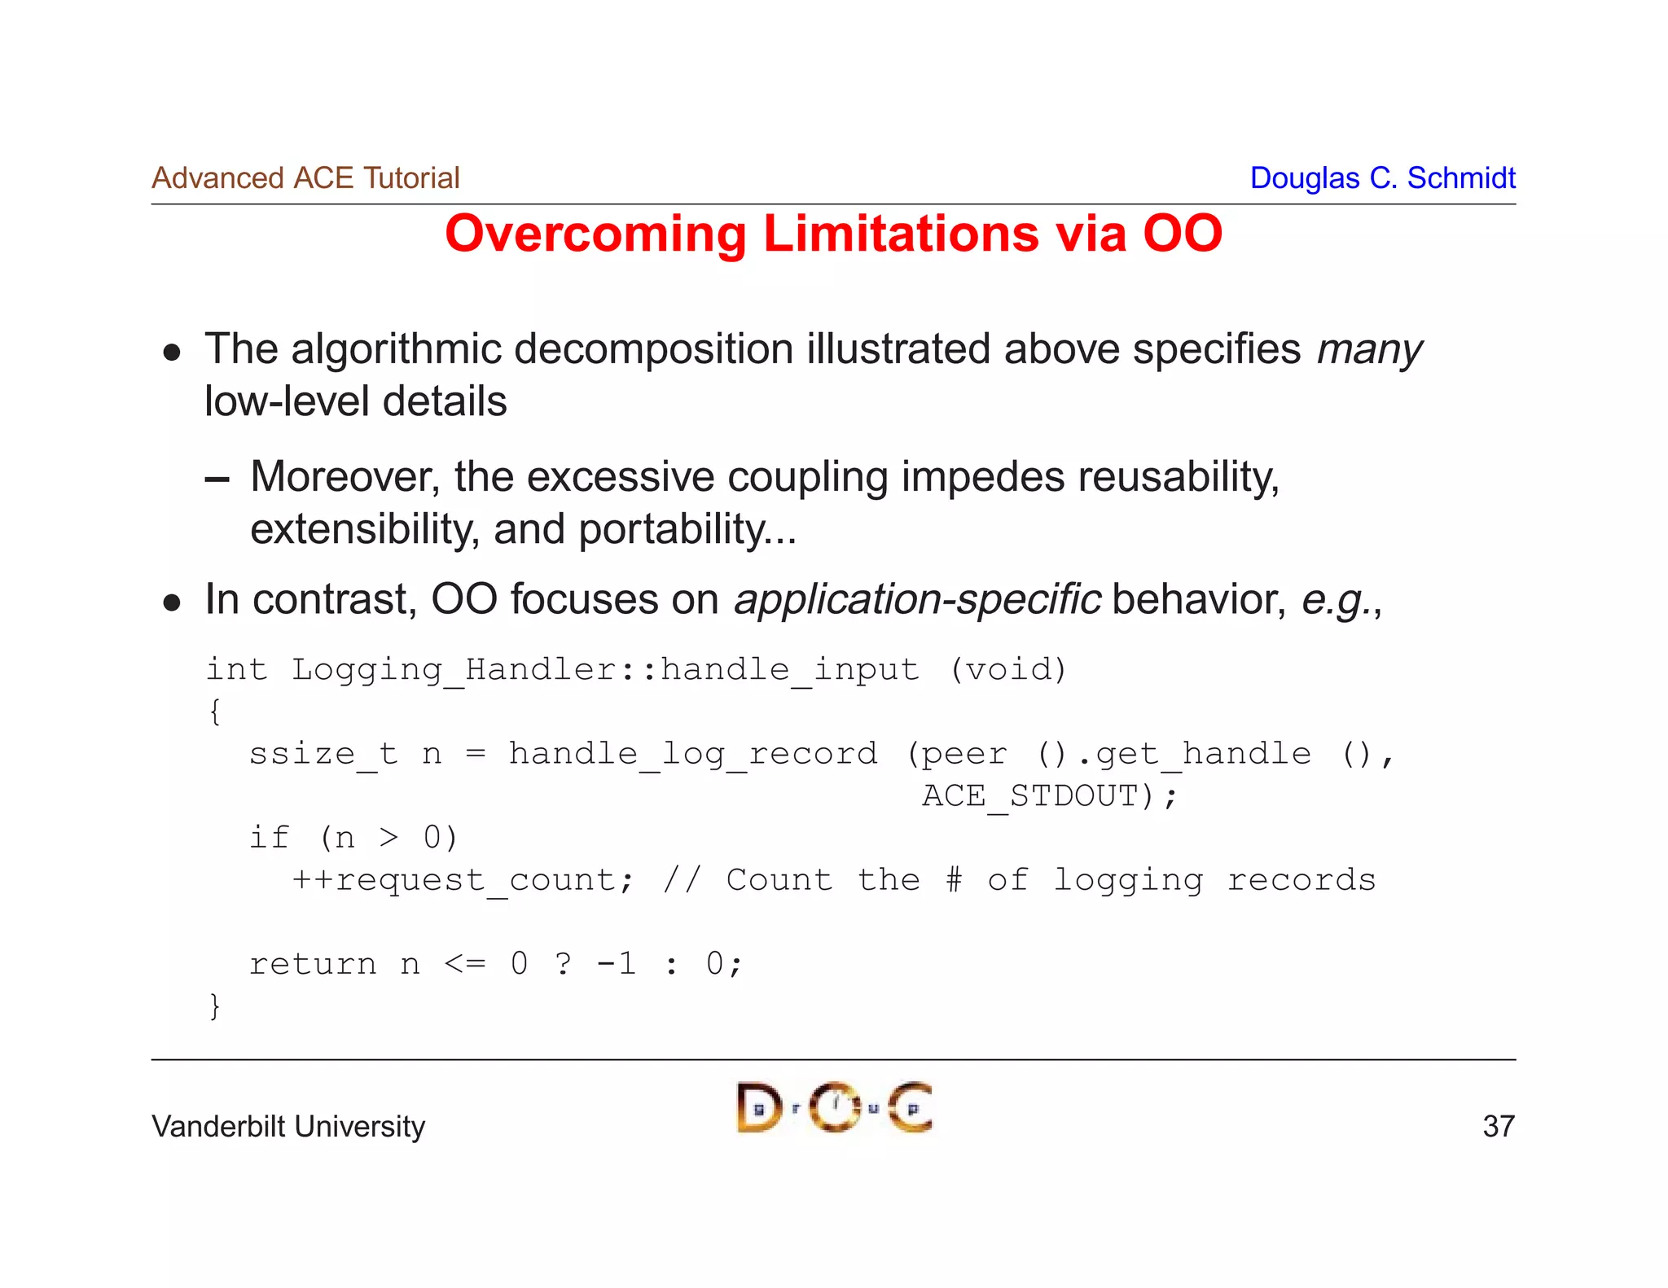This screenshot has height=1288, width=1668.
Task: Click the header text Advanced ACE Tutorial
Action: [x=305, y=178]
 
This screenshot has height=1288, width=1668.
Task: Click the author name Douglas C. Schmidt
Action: [x=1382, y=178]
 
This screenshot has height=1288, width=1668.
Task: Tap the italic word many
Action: [x=1369, y=350]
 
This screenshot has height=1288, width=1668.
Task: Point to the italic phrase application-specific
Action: [x=917, y=600]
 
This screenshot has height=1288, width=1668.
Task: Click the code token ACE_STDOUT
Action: [x=1029, y=795]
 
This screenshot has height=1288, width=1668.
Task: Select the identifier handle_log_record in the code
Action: [x=693, y=753]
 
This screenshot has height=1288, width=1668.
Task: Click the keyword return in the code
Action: [x=313, y=964]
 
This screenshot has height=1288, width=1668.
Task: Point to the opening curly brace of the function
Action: [x=214, y=712]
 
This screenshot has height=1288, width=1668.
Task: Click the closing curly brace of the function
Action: [x=214, y=1006]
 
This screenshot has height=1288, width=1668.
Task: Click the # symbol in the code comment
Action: [x=954, y=880]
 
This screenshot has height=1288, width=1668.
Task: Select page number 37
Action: [x=1498, y=1127]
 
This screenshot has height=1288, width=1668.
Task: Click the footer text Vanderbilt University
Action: [x=288, y=1127]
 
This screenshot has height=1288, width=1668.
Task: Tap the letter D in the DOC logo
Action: [x=757, y=1108]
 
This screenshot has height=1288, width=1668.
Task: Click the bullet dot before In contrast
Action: [x=171, y=602]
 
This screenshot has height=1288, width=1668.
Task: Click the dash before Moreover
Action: [x=217, y=480]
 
